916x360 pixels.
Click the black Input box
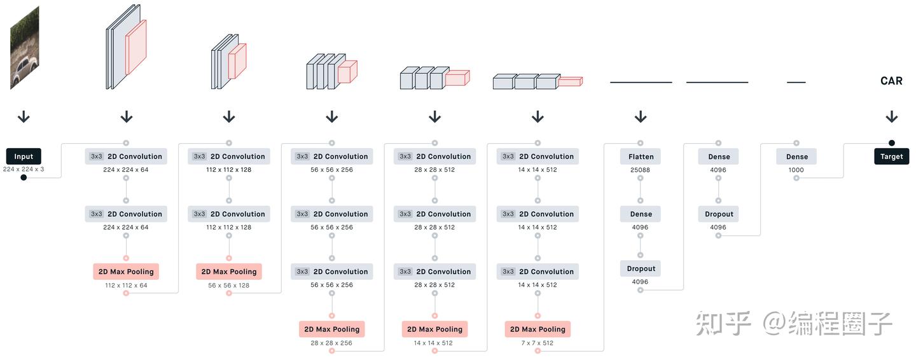pyautogui.click(x=24, y=156)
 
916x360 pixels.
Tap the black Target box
pyautogui.click(x=891, y=156)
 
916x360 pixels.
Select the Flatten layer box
pyautogui.click(x=641, y=156)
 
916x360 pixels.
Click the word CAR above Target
pyautogui.click(x=891, y=81)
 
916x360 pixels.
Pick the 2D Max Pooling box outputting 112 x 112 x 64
pyautogui.click(x=126, y=272)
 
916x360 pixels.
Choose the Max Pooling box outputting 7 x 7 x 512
pyautogui.click(x=538, y=329)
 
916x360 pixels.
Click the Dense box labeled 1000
pyautogui.click(x=796, y=156)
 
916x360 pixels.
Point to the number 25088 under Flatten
pyautogui.click(x=640, y=170)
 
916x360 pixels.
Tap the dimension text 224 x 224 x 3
pyautogui.click(x=24, y=169)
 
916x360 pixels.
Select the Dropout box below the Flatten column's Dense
pyautogui.click(x=641, y=268)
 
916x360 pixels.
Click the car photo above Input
pyautogui.click(x=24, y=48)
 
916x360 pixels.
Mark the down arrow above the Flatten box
pyautogui.click(x=641, y=117)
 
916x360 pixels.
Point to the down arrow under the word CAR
pyautogui.click(x=891, y=117)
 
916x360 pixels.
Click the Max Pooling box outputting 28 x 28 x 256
pyautogui.click(x=331, y=329)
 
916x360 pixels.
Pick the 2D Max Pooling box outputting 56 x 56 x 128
pyautogui.click(x=229, y=272)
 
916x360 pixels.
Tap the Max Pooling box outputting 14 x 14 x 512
pyautogui.click(x=434, y=329)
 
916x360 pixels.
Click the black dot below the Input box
pyautogui.click(x=24, y=177)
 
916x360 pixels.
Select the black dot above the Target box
pyautogui.click(x=892, y=143)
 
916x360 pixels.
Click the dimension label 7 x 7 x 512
pyautogui.click(x=538, y=343)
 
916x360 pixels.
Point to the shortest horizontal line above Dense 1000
pyautogui.click(x=796, y=82)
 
